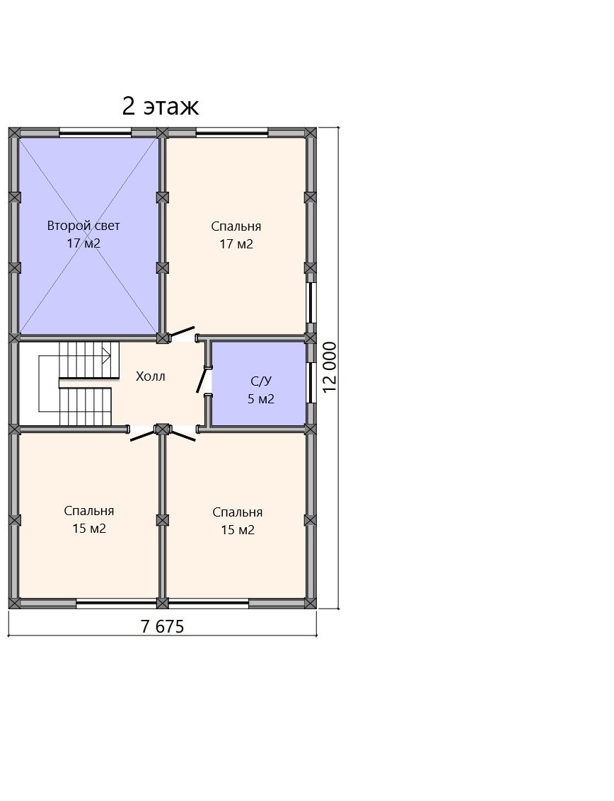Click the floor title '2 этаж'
[161, 106]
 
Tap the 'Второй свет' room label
[83, 225]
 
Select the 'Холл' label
[151, 376]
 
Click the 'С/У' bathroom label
[261, 381]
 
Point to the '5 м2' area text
[261, 399]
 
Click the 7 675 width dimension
[163, 626]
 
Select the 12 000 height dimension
[330, 367]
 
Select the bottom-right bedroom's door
[182, 434]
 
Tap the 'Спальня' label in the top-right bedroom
[236, 226]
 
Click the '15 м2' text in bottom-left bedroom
[89, 528]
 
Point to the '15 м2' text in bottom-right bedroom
[238, 530]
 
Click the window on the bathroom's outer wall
[310, 383]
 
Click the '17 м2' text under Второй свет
[83, 243]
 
